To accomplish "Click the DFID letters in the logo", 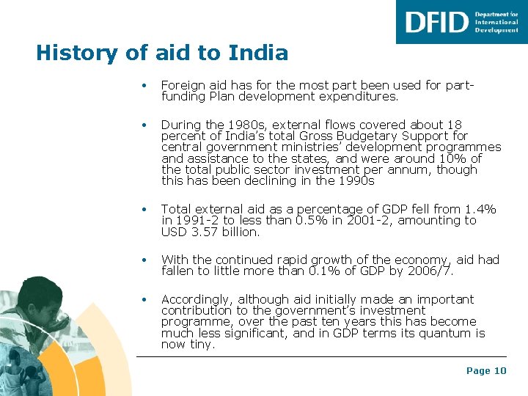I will pyautogui.click(x=436, y=22).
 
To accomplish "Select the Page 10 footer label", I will pyautogui.click(x=486, y=371).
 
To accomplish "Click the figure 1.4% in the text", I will pyautogui.click(x=480, y=210).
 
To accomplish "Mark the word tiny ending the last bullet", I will pyautogui.click(x=201, y=344).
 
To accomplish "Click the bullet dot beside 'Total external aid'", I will pyautogui.click(x=147, y=210).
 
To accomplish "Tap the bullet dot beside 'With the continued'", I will pyautogui.click(x=147, y=260).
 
